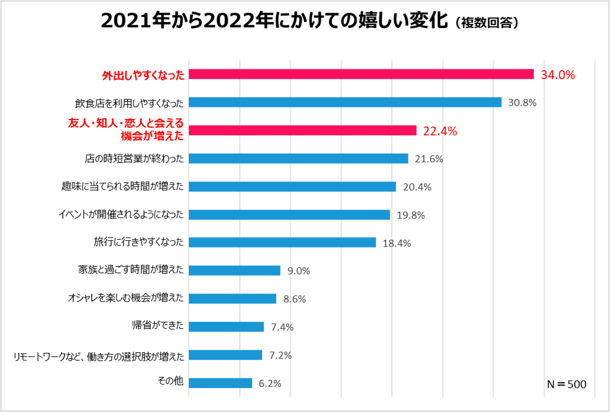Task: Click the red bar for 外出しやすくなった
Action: pyautogui.click(x=361, y=74)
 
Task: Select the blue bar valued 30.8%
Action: pyautogui.click(x=345, y=102)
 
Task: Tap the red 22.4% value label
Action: pyautogui.click(x=440, y=131)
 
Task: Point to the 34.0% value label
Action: pyautogui.click(x=558, y=75)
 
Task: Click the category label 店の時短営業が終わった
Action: pyautogui.click(x=134, y=159)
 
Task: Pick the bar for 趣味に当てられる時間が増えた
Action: pyautogui.click(x=292, y=187)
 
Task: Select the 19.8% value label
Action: pyautogui.click(x=411, y=215)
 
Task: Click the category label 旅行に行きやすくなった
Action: pyautogui.click(x=138, y=242)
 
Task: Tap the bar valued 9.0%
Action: pyautogui.click(x=234, y=270)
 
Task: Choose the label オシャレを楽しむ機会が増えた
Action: pyautogui.click(x=125, y=298)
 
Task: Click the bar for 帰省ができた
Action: pyautogui.click(x=226, y=327)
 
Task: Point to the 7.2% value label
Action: pyautogui.click(x=280, y=355)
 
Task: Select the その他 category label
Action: pyautogui.click(x=170, y=381)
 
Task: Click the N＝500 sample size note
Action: pyautogui.click(x=566, y=384)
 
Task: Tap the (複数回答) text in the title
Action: pyautogui.click(x=487, y=22)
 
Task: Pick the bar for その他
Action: pyautogui.click(x=220, y=383)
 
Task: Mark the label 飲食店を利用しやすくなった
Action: pyautogui.click(x=129, y=103)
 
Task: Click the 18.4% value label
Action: pyautogui.click(x=396, y=243)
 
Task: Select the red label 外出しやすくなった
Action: pyautogui.click(x=143, y=75)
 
